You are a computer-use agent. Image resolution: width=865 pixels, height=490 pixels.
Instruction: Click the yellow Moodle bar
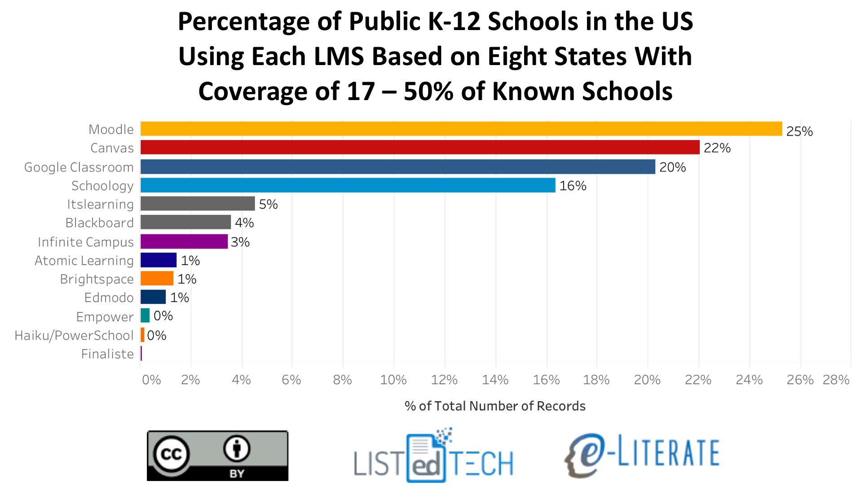[461, 129]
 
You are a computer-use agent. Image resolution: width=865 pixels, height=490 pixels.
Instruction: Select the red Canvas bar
[420, 147]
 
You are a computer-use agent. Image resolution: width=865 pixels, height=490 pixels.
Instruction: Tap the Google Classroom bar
[398, 167]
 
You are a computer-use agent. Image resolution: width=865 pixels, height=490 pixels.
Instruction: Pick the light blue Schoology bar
[348, 185]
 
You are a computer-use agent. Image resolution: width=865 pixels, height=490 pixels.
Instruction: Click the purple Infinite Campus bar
[184, 241]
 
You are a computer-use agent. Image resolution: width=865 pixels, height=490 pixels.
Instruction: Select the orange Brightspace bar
[157, 279]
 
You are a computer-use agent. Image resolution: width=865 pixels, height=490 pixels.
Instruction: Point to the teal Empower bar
[145, 315]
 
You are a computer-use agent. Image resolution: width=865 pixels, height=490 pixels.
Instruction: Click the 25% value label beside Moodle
[799, 131]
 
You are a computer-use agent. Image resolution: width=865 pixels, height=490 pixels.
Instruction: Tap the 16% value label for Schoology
[573, 186]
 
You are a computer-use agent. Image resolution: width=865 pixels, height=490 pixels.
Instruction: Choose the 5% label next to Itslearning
[268, 204]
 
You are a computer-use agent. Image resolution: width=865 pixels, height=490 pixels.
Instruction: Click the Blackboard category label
[100, 223]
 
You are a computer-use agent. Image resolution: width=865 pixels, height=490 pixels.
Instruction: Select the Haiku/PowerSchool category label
[74, 335]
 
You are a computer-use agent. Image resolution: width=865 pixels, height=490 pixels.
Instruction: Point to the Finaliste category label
[107, 354]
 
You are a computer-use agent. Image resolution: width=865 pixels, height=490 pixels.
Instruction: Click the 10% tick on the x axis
[393, 380]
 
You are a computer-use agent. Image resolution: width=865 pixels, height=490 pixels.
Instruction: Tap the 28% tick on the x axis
[836, 380]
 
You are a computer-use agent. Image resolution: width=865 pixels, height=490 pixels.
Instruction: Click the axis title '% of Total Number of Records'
[495, 406]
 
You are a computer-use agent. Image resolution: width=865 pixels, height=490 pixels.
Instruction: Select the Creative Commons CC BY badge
[217, 456]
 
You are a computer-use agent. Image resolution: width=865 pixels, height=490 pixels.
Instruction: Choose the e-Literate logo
[642, 454]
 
